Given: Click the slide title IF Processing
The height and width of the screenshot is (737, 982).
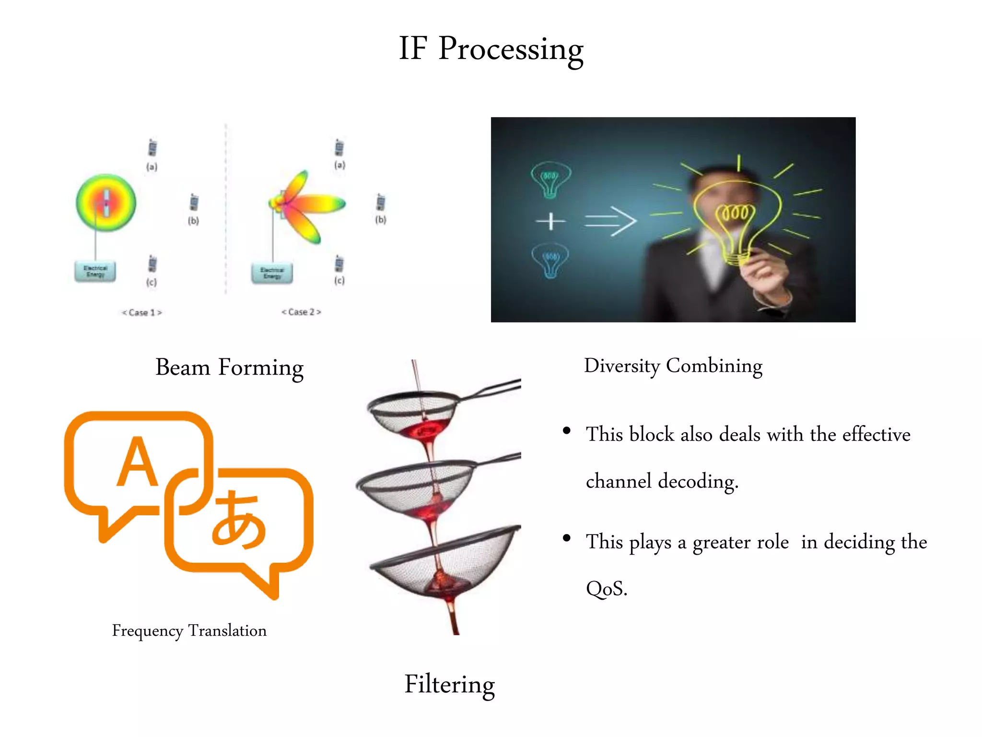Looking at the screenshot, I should point(491,49).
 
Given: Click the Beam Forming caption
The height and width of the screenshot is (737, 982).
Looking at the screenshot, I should point(229,368).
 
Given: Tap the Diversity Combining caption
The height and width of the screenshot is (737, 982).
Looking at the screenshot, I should point(673,366).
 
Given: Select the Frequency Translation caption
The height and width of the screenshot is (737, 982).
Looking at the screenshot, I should point(189,630).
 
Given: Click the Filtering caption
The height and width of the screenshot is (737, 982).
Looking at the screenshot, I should point(449,684).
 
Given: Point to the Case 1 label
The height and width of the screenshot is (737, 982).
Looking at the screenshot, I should point(142,312).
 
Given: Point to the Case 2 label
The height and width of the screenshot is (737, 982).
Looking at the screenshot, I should point(301,312).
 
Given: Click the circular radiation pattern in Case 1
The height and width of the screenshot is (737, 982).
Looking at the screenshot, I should point(106,203).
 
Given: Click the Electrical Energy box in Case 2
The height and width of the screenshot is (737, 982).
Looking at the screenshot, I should point(272,273).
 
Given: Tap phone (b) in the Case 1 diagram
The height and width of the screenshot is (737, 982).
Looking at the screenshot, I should point(194,203).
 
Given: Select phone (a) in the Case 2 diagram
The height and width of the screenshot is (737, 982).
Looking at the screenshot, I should point(339,148).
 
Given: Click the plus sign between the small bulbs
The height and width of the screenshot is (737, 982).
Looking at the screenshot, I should point(550,221).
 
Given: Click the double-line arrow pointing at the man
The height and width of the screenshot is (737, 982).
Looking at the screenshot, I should point(610,221).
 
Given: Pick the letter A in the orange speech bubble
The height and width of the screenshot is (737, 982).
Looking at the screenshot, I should point(137,462).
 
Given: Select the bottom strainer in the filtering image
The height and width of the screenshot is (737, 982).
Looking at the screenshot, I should point(444,561).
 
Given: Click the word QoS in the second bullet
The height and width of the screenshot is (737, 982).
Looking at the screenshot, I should point(606,588).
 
